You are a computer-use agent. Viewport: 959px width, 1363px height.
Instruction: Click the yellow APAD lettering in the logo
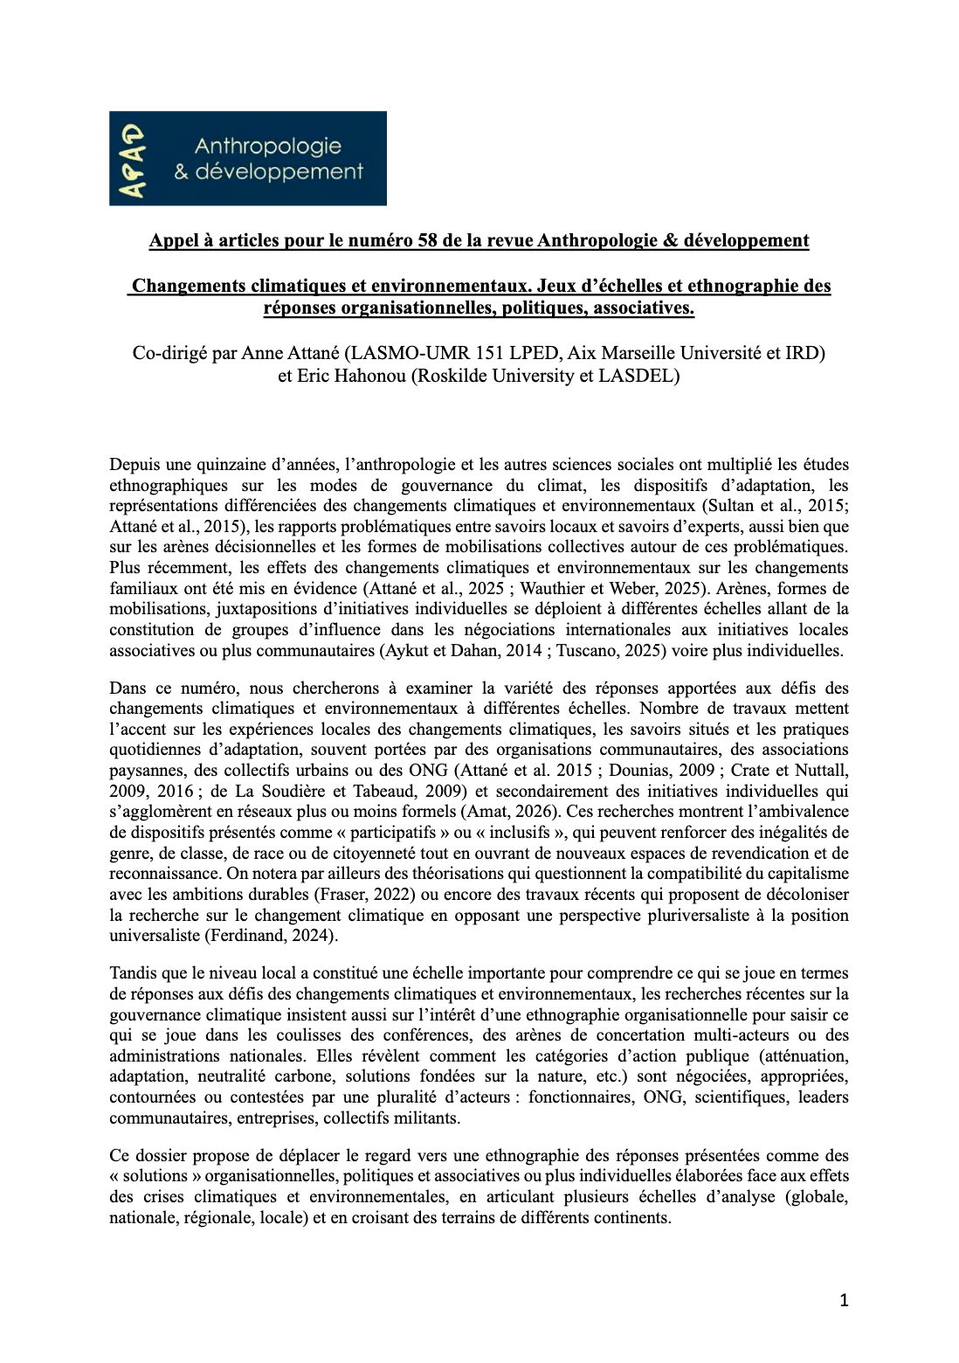click(131, 159)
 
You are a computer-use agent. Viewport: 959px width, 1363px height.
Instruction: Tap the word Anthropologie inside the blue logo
click(267, 146)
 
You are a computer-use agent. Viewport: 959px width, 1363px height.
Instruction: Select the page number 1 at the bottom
click(844, 1301)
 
